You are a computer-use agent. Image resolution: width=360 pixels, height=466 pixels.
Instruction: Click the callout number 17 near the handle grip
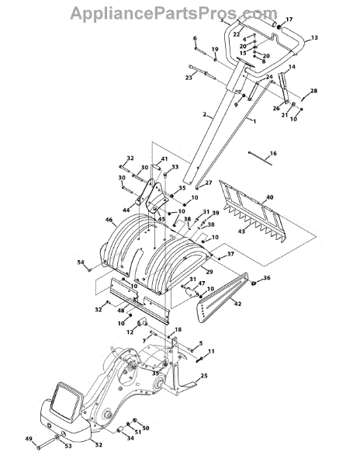289,19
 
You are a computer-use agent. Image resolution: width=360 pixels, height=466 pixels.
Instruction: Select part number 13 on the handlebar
314,38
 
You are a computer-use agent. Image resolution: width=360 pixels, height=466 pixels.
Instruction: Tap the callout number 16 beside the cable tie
273,153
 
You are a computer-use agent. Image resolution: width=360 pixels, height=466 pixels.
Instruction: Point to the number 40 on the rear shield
270,197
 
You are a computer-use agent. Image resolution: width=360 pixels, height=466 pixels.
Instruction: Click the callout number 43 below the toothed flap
241,231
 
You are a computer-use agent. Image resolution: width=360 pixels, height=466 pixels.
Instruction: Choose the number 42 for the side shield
237,304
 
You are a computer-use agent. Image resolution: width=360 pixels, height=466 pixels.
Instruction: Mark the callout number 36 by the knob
267,278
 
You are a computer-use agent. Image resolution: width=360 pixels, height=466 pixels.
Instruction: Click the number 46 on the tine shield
109,220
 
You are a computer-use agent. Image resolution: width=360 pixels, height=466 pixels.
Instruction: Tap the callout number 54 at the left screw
81,263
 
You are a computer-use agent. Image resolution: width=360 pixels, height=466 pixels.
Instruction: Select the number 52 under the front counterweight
99,445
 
